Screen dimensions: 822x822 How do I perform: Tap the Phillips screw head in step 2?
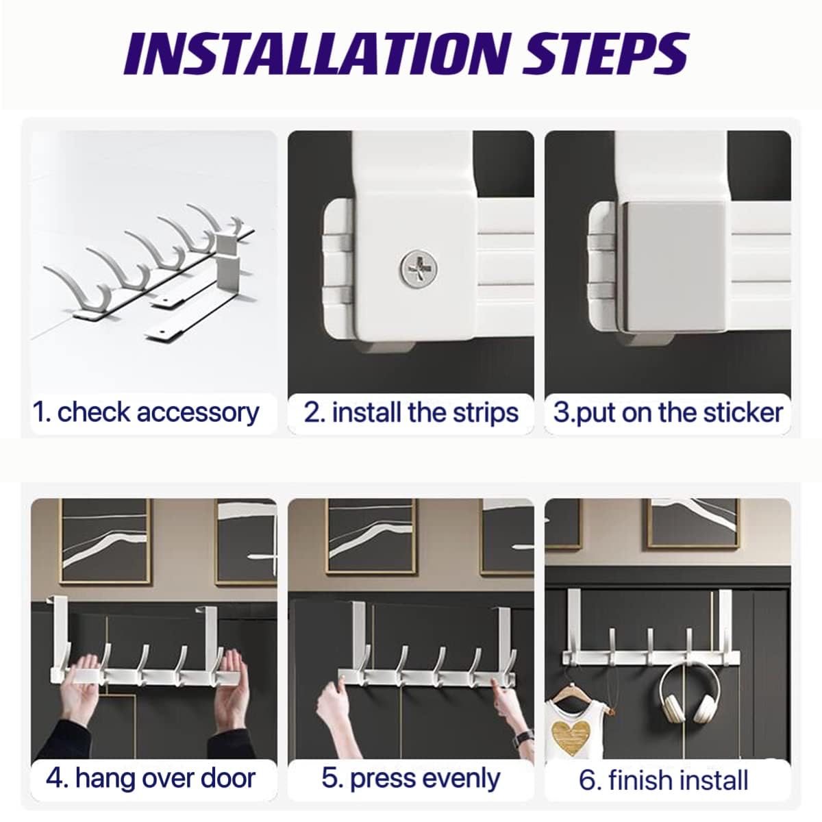pos(419,269)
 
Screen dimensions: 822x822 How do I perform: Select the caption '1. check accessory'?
pos(146,412)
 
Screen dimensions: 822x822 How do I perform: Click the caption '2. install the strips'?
pos(411,412)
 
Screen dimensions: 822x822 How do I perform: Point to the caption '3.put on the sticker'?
pos(668,412)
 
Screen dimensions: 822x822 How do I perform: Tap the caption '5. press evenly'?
pos(411,778)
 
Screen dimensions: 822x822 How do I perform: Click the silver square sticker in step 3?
pos(673,266)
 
